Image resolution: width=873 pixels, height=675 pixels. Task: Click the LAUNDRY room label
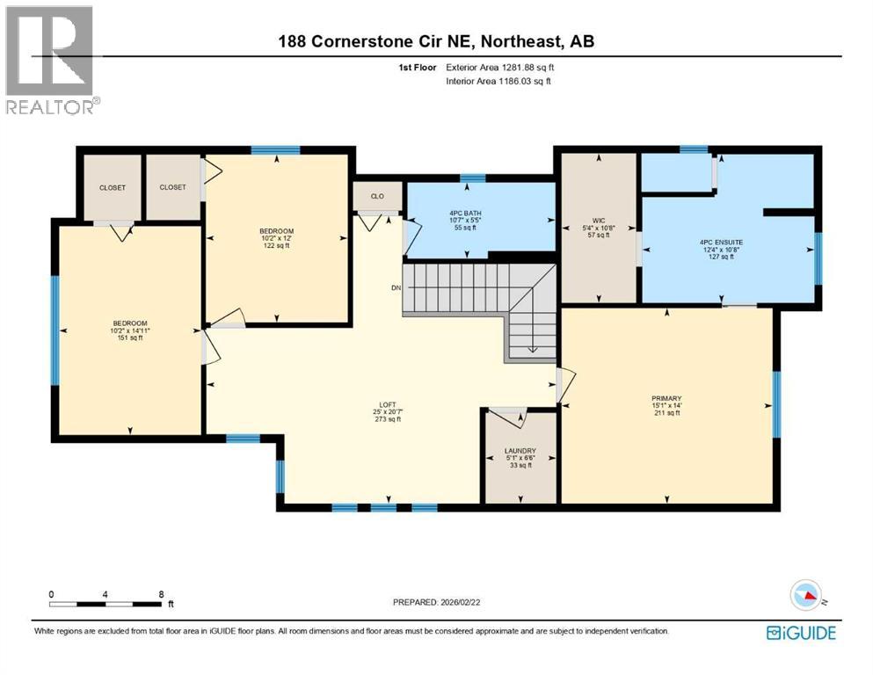(x=520, y=451)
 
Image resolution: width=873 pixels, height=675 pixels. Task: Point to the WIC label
(x=600, y=221)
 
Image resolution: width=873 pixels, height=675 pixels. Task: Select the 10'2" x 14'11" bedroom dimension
(x=129, y=330)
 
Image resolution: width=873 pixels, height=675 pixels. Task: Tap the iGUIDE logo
(x=801, y=632)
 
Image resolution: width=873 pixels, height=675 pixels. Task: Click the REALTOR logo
(x=50, y=61)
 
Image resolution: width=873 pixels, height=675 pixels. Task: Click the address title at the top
(x=437, y=41)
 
